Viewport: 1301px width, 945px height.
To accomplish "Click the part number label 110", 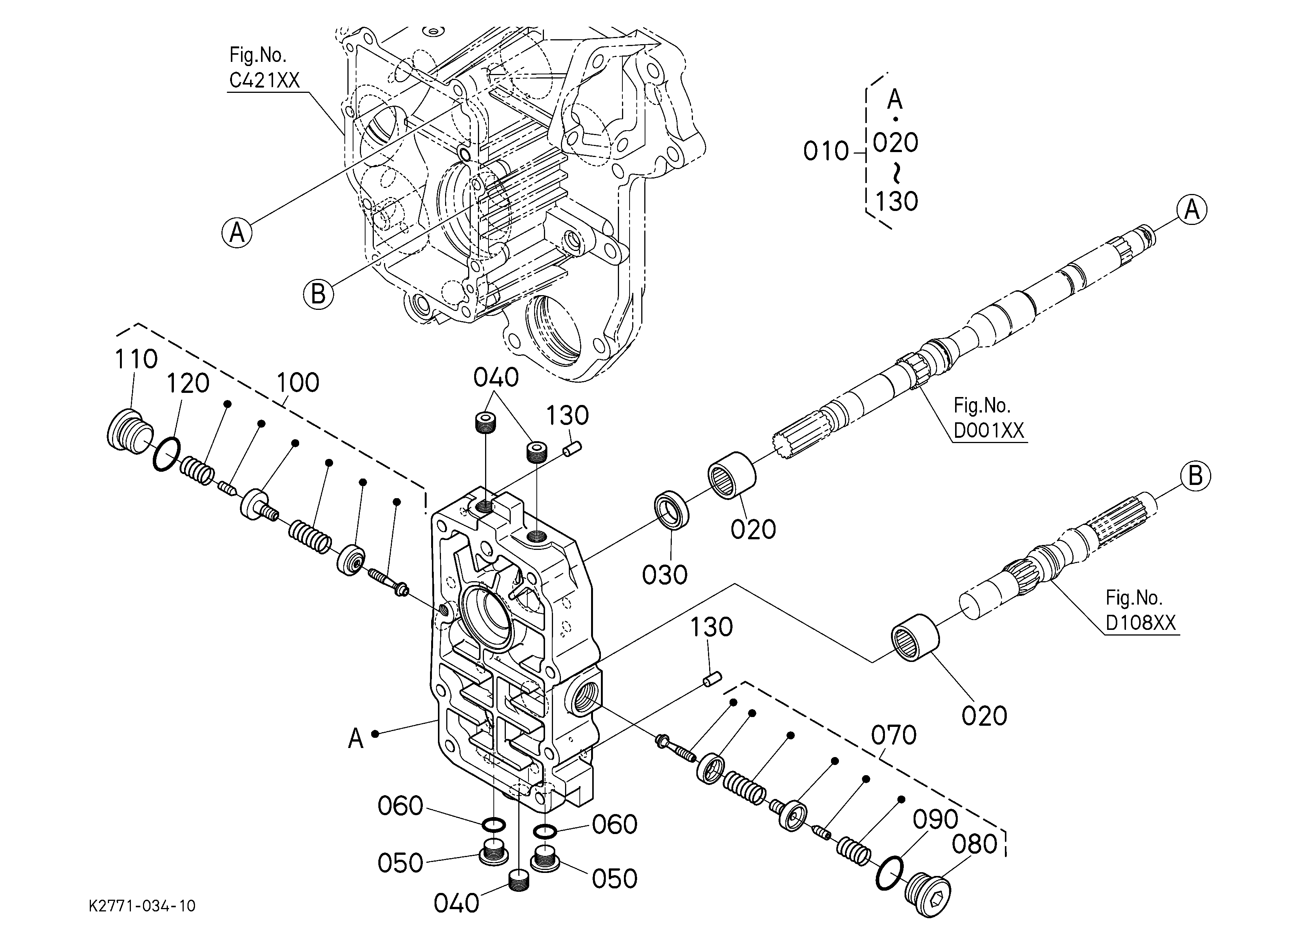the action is point(136,359).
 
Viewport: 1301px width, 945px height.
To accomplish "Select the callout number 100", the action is point(298,382).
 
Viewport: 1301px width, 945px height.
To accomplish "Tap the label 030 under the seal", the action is point(664,575).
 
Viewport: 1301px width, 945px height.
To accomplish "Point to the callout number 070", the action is point(894,735).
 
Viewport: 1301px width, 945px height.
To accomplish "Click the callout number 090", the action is point(935,819).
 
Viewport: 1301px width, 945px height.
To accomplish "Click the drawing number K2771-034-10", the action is point(142,906).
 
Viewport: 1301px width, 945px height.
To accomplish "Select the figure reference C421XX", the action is point(264,80).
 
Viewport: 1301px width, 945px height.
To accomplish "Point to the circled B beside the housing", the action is point(318,294).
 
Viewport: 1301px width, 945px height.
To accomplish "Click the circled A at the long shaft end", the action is point(1192,210).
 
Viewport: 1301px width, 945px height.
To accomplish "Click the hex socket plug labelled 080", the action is point(928,896).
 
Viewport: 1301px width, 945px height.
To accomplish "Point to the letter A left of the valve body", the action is point(356,739).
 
